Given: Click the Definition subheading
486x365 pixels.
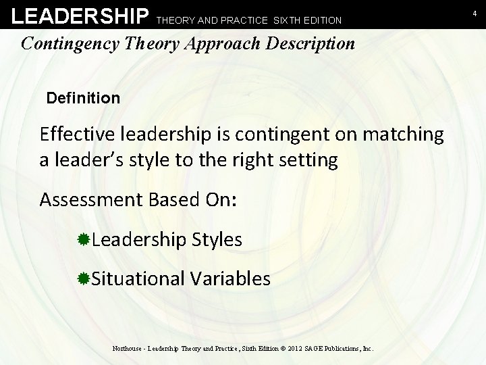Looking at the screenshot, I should (83, 98).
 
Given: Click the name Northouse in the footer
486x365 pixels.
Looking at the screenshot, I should (129, 349).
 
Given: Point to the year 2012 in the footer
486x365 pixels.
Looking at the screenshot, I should (292, 349).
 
